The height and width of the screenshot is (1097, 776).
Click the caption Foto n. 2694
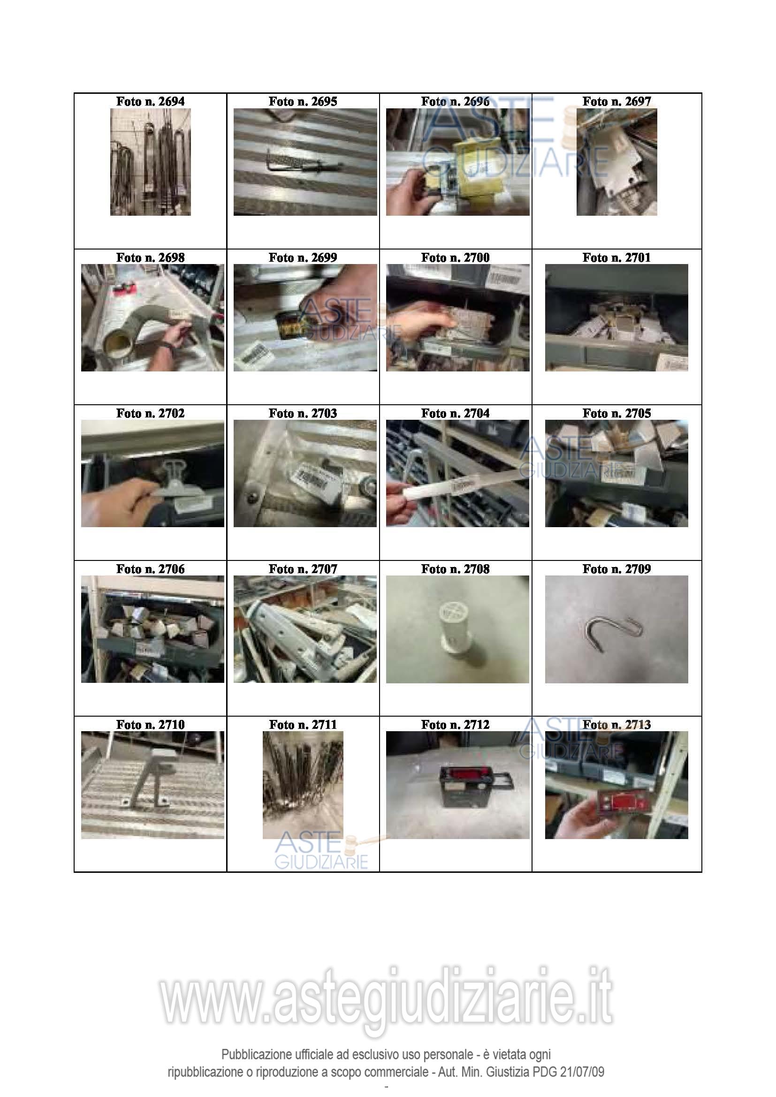pyautogui.click(x=150, y=101)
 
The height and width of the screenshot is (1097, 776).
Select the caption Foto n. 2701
pyautogui.click(x=616, y=257)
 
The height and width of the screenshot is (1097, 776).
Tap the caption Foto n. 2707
pyautogui.click(x=303, y=569)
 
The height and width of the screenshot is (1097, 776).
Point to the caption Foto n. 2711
pyautogui.click(x=303, y=725)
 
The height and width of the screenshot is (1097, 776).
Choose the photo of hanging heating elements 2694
pyautogui.click(x=150, y=162)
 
